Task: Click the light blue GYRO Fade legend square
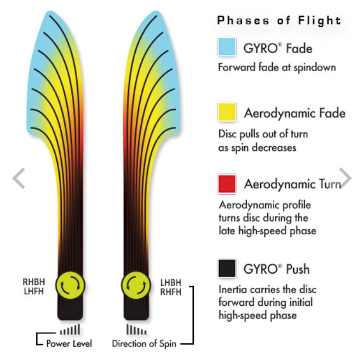[x=227, y=47]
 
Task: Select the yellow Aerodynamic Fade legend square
[x=227, y=112]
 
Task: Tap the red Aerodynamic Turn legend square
[x=227, y=184]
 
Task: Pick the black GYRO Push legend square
[x=227, y=268]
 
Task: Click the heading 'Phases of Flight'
[x=279, y=21]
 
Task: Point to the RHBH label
[x=34, y=282]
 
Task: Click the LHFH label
[x=34, y=291]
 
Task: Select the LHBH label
[x=171, y=282]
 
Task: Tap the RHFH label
[x=171, y=292]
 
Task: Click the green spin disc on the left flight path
[x=70, y=285]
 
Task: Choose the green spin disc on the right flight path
[x=136, y=285]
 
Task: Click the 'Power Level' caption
[x=69, y=344]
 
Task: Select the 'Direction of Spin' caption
[x=144, y=344]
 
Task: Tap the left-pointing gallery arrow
[x=19, y=178]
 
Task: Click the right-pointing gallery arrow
[x=346, y=178]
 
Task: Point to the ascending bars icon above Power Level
[x=70, y=329]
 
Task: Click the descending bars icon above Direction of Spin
[x=136, y=329]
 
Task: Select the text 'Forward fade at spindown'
[x=277, y=67]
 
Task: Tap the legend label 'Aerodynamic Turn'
[x=292, y=184]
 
